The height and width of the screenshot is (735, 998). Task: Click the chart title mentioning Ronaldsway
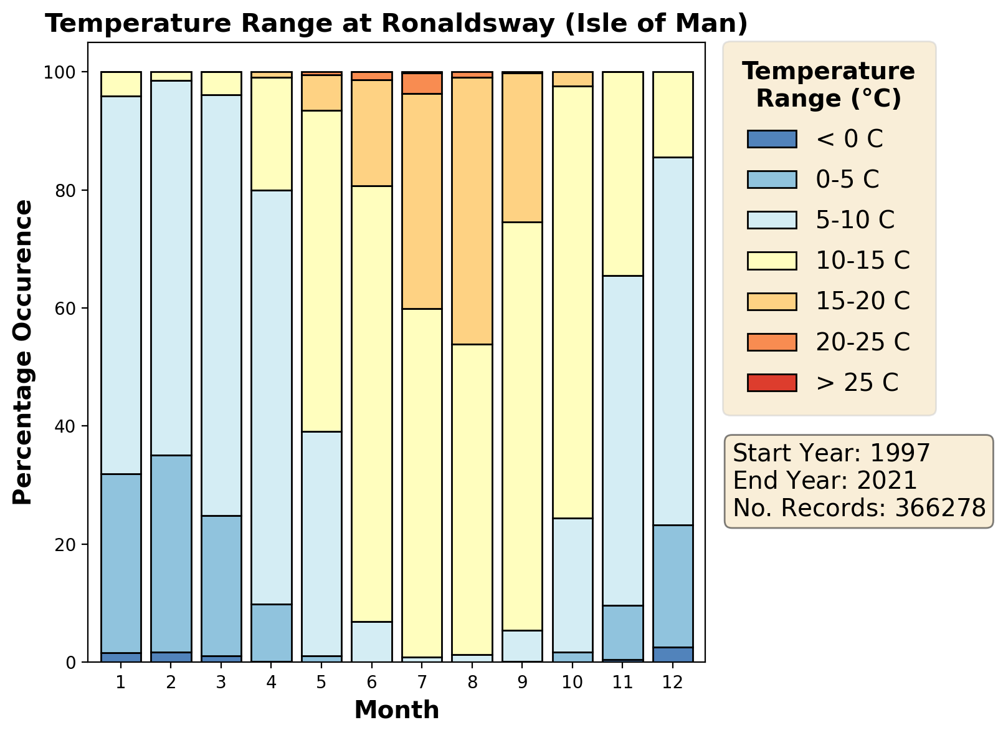tap(396, 24)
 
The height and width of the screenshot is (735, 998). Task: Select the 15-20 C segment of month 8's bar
tap(472, 211)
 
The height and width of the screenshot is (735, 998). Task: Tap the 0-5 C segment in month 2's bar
tap(171, 554)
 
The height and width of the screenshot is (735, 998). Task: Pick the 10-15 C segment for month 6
tap(372, 403)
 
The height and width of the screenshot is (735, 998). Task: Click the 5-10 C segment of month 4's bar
tap(271, 397)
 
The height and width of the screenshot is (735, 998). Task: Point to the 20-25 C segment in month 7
tap(422, 84)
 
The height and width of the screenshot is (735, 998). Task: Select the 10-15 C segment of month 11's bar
tap(622, 174)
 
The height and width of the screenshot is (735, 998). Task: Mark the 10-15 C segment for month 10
tap(573, 302)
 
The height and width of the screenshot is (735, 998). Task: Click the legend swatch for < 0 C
tap(772, 139)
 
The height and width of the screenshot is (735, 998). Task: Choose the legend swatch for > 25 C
tap(772, 382)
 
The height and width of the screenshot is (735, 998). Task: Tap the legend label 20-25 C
tap(863, 342)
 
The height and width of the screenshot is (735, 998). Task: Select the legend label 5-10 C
tap(855, 220)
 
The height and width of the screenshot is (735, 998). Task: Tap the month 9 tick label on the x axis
tap(522, 682)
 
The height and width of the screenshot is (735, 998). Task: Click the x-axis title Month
tap(396, 710)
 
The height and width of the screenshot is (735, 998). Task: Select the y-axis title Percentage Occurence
tap(23, 352)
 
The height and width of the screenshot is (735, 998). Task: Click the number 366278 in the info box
tap(940, 508)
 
